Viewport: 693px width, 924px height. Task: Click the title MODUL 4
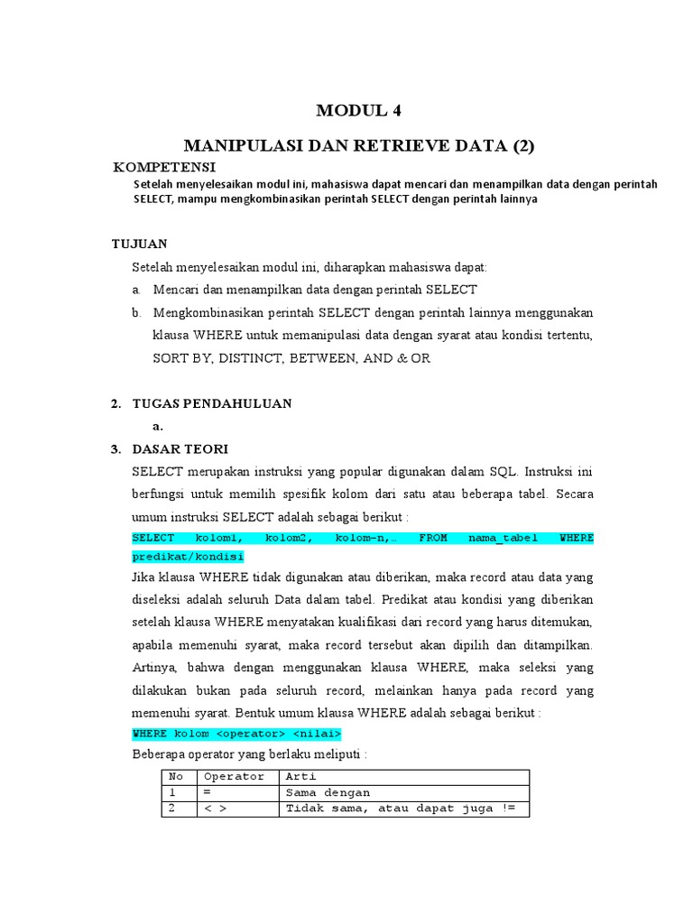[357, 112]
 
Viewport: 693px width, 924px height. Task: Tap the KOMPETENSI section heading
[164, 168]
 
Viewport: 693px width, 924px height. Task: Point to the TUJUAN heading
[139, 244]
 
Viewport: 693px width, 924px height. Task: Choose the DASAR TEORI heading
[180, 448]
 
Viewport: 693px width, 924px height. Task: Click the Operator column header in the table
[235, 776]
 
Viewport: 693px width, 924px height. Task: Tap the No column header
[176, 776]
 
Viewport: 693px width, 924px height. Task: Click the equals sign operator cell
[208, 792]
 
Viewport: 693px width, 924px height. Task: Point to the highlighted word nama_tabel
[504, 538]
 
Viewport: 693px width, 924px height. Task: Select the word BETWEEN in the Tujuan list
[322, 358]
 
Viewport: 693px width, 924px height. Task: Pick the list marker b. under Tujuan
[136, 312]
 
